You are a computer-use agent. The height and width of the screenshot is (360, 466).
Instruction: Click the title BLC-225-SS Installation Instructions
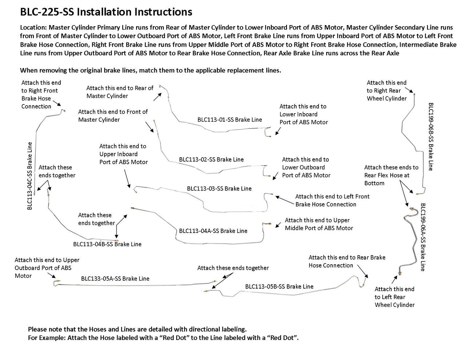click(106, 12)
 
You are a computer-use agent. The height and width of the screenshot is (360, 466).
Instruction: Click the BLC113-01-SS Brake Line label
click(230, 119)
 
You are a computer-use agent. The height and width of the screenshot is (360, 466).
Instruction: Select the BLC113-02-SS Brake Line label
click(212, 159)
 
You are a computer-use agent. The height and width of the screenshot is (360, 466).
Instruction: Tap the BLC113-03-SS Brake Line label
click(219, 189)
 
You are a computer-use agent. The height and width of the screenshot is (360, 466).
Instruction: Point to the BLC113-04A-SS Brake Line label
click(213, 231)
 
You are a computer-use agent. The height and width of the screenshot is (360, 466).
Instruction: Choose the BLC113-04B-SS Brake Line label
click(107, 244)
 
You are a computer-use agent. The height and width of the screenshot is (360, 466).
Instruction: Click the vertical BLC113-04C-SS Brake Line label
click(30, 176)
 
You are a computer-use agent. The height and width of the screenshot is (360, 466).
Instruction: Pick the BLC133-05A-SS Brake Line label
click(115, 279)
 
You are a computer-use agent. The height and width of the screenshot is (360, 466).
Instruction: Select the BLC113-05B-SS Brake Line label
click(279, 286)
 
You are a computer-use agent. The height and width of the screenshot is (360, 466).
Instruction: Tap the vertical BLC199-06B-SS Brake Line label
click(431, 137)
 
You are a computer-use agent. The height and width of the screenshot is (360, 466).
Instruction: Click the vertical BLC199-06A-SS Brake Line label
click(423, 237)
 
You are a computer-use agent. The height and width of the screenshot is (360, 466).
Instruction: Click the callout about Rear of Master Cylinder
click(120, 92)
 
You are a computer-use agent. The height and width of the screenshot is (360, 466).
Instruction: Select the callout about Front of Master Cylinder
click(113, 116)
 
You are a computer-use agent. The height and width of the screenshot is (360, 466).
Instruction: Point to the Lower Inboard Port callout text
click(304, 114)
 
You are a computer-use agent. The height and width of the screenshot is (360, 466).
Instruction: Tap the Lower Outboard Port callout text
click(306, 167)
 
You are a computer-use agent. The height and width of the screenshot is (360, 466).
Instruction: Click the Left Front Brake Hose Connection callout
click(332, 201)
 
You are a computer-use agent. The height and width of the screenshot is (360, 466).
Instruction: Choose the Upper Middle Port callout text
click(319, 224)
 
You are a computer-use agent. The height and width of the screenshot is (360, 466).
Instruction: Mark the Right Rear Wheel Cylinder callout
click(387, 91)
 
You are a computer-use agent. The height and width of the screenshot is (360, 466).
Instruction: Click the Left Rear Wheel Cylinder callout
click(395, 297)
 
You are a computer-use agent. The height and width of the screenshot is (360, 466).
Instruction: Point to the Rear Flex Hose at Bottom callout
click(391, 175)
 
